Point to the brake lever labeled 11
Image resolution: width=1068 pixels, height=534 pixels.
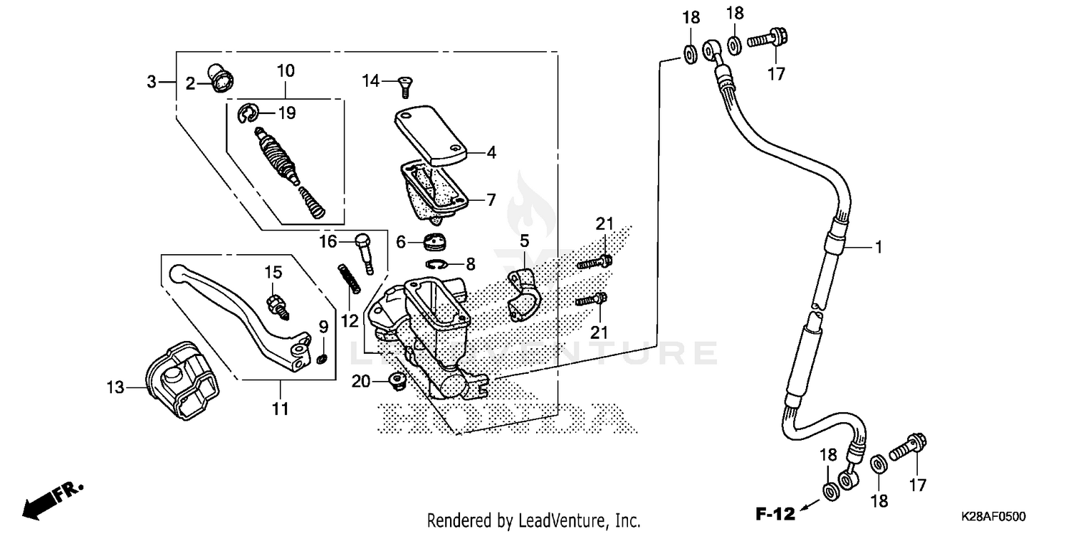pos(242,306)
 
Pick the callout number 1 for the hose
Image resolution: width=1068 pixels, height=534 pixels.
pos(879,247)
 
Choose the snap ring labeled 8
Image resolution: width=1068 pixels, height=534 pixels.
pos(438,265)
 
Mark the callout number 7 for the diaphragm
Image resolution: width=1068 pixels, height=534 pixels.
pos(491,200)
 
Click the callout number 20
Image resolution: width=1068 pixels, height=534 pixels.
pos(361,382)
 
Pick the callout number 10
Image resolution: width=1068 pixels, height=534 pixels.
pos(286,71)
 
